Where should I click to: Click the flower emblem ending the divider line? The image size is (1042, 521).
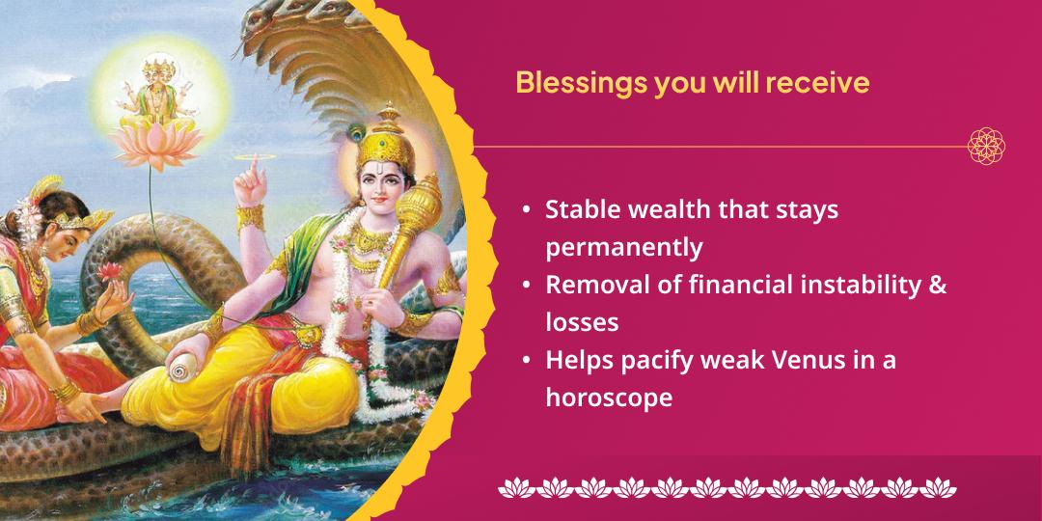point(986,147)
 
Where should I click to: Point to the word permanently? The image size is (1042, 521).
point(623,247)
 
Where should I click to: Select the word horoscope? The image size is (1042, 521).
point(609,397)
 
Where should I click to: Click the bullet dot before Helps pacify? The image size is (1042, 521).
point(525,360)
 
